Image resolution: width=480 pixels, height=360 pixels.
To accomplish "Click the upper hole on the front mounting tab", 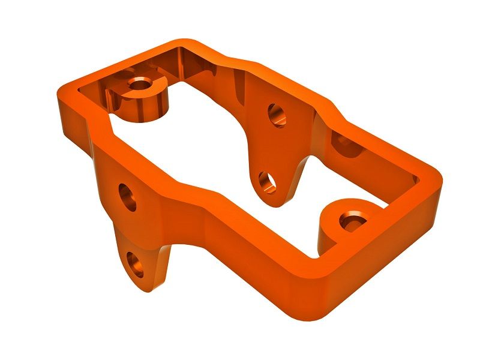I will coord(127,197).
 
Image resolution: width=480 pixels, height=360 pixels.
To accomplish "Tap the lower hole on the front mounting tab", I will coord(136,265).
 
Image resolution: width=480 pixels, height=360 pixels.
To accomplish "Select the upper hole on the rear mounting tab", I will coord(277,114).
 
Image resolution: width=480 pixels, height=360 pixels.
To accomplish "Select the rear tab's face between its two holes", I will coord(273,147).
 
